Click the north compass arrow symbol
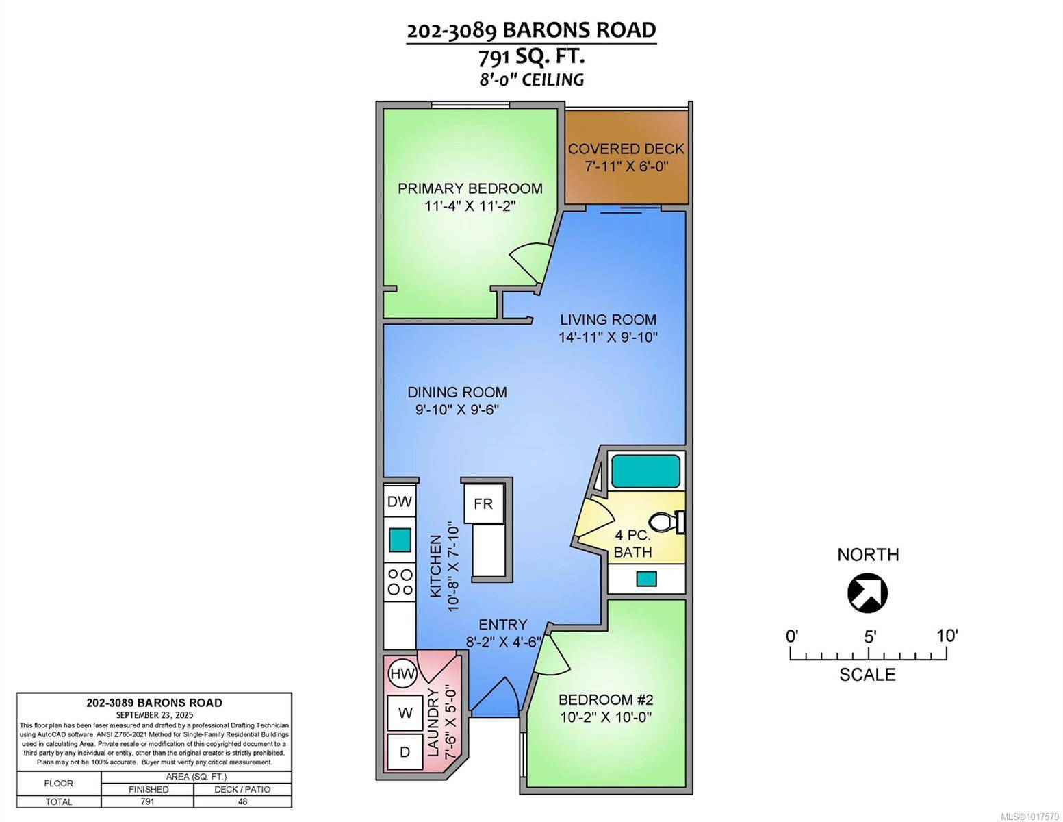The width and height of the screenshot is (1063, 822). point(867,593)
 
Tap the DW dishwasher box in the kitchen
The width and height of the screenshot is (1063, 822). point(400,501)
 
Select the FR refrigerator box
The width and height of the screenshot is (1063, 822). point(483,503)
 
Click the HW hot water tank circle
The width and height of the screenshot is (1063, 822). point(402,673)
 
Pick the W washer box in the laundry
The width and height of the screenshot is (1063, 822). point(405,713)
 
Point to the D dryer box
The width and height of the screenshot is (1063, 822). point(405,751)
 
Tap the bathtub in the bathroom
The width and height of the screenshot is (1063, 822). point(645,471)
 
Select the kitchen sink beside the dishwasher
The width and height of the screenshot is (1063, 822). point(400,540)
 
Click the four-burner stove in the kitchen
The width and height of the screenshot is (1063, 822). point(400,582)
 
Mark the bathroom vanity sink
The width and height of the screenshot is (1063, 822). point(646,579)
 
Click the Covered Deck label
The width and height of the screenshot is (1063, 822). point(626,149)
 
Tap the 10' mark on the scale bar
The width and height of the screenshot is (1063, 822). point(947,636)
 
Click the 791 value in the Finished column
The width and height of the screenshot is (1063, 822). point(147,801)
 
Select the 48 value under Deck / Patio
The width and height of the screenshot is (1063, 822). point(242,801)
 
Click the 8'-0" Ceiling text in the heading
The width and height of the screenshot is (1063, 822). point(531,79)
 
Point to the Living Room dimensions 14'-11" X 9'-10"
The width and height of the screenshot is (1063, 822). point(608,337)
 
